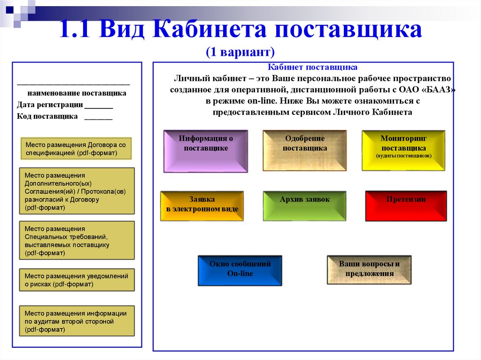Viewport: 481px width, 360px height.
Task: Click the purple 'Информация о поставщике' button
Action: [x=206, y=151]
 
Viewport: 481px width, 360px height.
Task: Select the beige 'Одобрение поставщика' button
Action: [x=305, y=151]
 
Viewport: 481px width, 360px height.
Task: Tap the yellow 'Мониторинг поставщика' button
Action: [x=403, y=150]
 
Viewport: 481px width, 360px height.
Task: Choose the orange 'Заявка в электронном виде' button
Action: [x=202, y=206]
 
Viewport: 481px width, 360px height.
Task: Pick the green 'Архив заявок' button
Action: [x=304, y=206]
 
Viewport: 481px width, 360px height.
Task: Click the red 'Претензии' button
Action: [x=406, y=206]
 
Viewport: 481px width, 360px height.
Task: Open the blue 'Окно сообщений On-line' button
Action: [x=240, y=270]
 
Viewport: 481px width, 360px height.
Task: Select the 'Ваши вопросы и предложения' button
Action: [x=369, y=269]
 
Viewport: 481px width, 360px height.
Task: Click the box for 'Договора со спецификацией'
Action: [x=76, y=149]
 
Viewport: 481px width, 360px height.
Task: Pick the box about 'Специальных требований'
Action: [x=76, y=240]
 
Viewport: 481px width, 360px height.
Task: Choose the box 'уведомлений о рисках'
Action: [x=76, y=280]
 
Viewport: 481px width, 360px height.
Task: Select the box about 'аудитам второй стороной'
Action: [x=76, y=321]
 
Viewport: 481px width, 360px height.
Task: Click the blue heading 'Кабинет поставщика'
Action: [x=312, y=68]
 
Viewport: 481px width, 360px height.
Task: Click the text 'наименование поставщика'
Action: [x=77, y=93]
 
